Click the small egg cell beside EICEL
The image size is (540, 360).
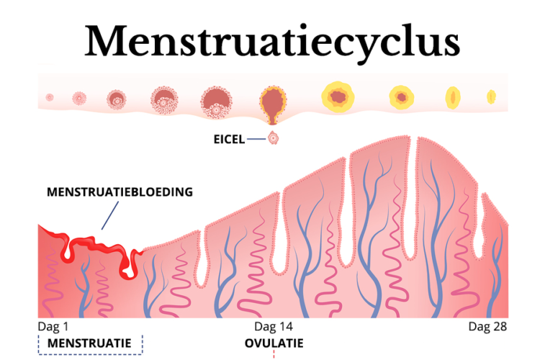tap(273, 139)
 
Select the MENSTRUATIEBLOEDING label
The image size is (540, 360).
tap(120, 192)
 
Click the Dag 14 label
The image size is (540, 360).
tap(273, 327)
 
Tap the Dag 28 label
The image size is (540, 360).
tap(487, 327)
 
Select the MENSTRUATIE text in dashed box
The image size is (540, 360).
tap(89, 343)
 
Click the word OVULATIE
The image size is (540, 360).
tap(274, 343)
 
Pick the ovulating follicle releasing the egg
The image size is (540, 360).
tap(272, 103)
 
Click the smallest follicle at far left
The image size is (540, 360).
tap(50, 97)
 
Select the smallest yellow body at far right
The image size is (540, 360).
tap(492, 96)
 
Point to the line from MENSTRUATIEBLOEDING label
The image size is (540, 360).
tap(109, 215)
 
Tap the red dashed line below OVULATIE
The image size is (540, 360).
tap(274, 354)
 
